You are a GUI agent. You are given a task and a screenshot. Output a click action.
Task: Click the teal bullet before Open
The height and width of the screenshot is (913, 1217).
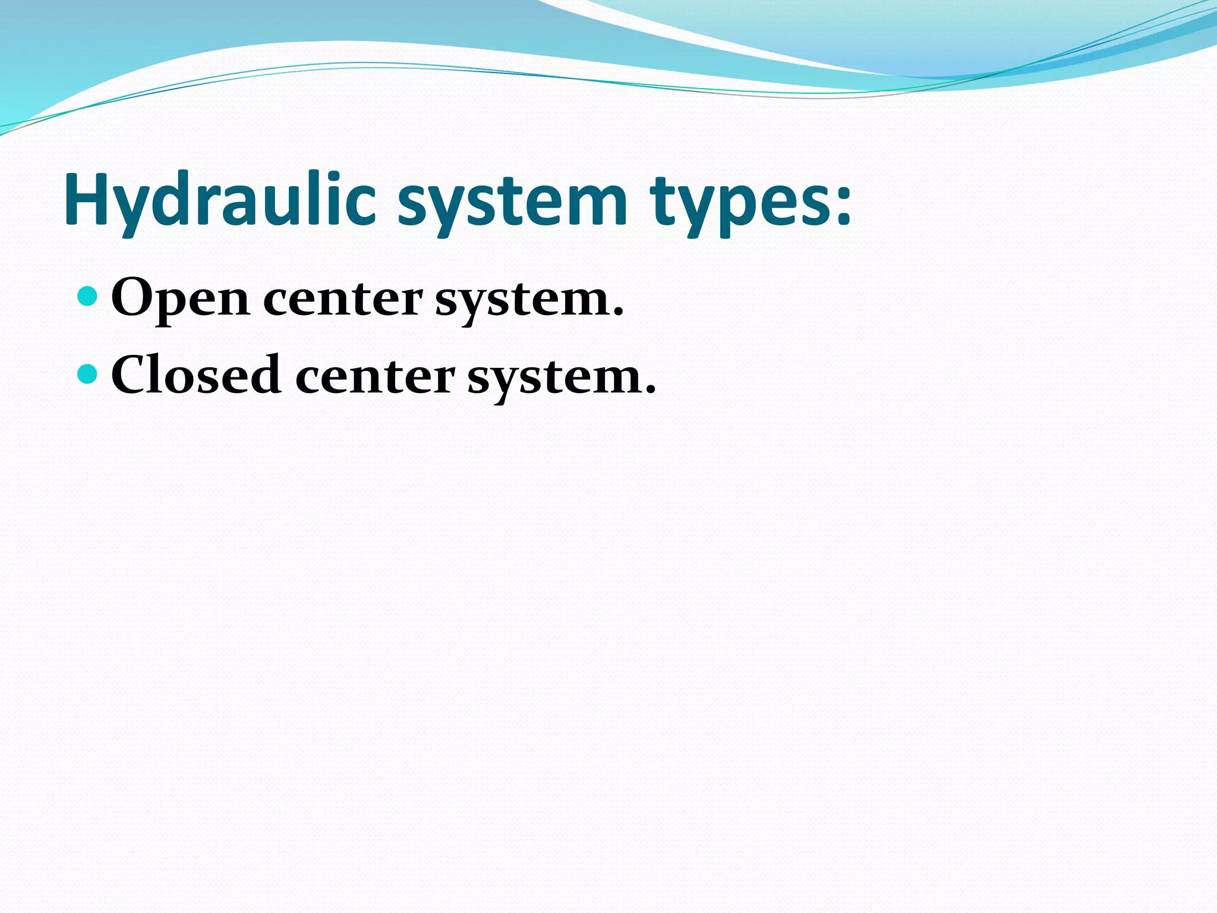87,295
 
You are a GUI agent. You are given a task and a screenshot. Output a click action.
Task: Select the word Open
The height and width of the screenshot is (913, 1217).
180,299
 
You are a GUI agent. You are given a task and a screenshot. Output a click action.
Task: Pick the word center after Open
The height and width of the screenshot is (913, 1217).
343,299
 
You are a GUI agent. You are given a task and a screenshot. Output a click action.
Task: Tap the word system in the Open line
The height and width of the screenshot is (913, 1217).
523,301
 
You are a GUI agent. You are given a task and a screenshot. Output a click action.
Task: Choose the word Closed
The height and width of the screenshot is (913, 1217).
196,375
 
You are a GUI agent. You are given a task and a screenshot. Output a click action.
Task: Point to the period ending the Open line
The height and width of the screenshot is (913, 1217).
619,312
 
